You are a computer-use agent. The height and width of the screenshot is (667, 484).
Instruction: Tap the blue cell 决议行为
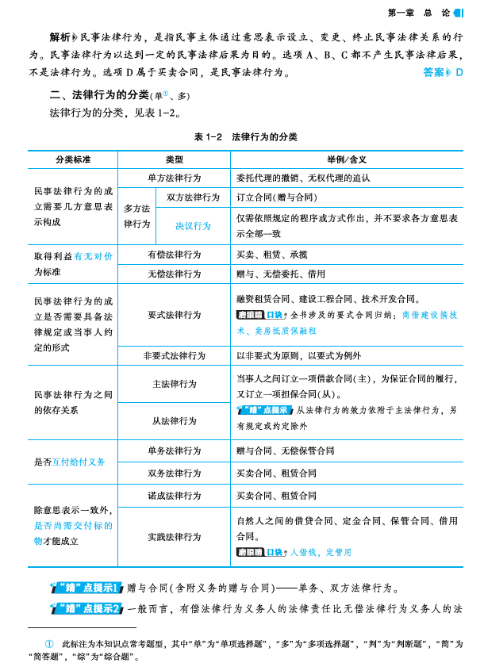[193, 225]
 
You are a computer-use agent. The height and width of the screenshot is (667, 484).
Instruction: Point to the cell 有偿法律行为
[174, 255]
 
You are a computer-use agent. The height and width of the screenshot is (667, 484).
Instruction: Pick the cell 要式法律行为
[174, 315]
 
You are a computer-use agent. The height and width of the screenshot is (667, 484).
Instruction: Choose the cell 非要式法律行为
[174, 355]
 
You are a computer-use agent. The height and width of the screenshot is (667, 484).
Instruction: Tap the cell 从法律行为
[174, 420]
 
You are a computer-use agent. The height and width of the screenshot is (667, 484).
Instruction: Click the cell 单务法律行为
[174, 450]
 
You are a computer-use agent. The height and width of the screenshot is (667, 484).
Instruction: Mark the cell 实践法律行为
[174, 536]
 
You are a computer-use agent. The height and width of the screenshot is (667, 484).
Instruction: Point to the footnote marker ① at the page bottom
[49, 642]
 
